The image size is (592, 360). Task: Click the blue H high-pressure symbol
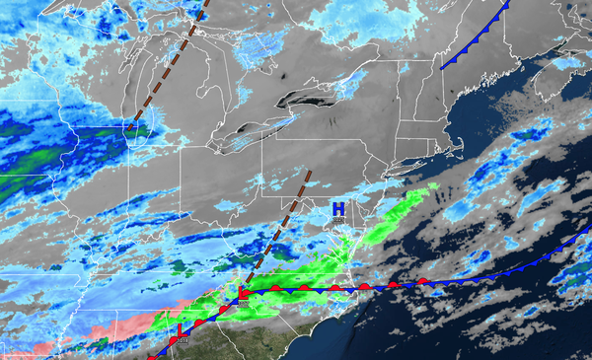click(x=338, y=209)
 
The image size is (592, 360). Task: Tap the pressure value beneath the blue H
click(x=338, y=221)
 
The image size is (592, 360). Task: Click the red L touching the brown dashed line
click(x=243, y=293)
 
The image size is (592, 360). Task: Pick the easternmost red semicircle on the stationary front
click(x=422, y=281)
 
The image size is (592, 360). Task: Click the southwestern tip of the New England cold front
click(x=441, y=66)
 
